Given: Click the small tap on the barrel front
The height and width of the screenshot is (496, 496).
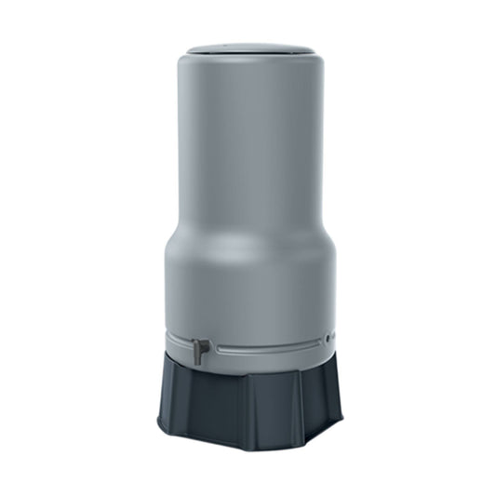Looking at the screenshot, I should [199, 350].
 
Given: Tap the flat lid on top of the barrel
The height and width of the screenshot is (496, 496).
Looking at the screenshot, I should [248, 48].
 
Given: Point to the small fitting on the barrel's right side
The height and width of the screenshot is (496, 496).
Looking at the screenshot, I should [328, 338].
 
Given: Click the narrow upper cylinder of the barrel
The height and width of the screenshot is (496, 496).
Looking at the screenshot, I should [248, 140].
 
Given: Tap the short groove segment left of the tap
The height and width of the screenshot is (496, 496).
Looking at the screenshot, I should [180, 342].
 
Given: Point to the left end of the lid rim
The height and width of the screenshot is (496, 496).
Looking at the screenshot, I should [187, 50].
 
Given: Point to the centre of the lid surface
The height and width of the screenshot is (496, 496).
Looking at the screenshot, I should [248, 47].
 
